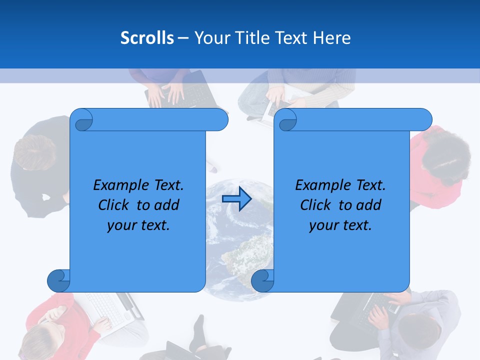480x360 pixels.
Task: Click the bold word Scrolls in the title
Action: (x=147, y=38)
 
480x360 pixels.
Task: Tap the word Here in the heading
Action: (x=331, y=38)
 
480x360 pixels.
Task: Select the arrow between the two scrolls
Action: (x=236, y=199)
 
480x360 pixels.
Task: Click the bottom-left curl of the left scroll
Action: (x=58, y=280)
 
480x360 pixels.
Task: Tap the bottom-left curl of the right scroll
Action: (x=262, y=280)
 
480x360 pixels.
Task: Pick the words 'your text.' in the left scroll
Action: (x=138, y=225)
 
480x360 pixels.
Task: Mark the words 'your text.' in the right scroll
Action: (x=340, y=225)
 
